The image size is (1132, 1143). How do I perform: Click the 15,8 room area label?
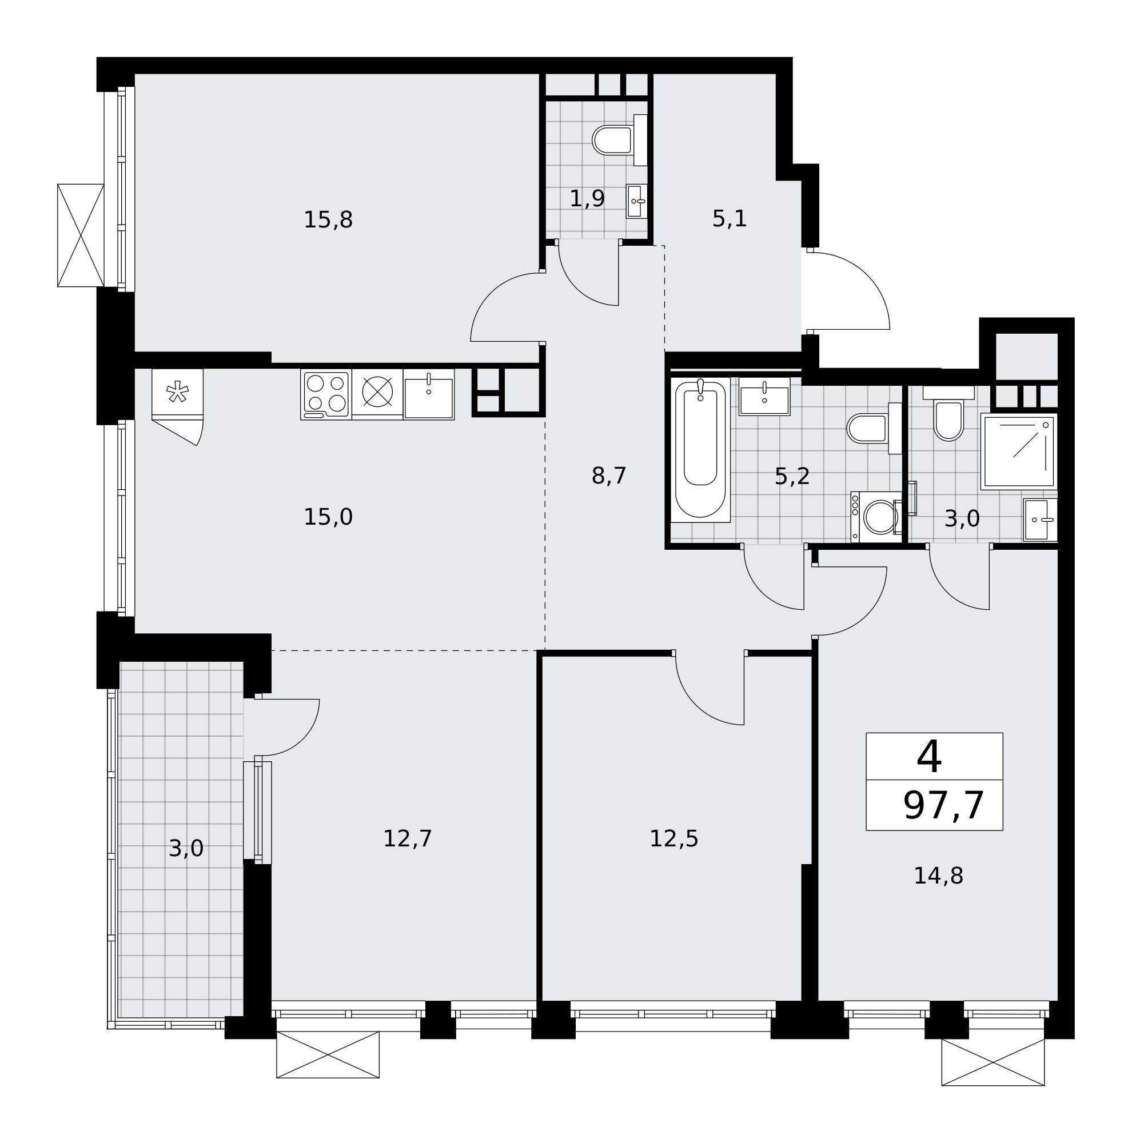(x=328, y=220)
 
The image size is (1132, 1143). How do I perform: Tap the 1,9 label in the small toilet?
(x=587, y=199)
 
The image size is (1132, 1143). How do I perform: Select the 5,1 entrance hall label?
(x=730, y=219)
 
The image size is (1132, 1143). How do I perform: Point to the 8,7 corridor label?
(x=609, y=475)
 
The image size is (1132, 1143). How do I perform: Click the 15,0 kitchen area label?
(x=328, y=517)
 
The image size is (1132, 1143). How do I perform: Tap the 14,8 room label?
(x=939, y=876)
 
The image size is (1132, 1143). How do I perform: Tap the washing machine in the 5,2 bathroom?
(x=876, y=517)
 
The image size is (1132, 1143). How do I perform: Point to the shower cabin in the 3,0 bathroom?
(x=1018, y=451)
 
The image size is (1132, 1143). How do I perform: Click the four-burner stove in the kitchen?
(x=326, y=394)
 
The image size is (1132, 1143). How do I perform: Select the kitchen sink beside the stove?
(x=429, y=394)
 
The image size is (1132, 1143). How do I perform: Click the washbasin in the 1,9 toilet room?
(x=637, y=201)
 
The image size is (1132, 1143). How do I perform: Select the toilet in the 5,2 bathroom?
(x=875, y=428)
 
